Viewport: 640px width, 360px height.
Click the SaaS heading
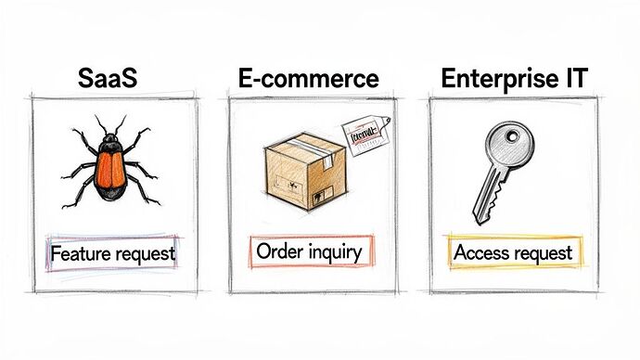point(107,79)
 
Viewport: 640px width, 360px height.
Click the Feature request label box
point(112,252)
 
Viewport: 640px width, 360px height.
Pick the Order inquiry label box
point(311,251)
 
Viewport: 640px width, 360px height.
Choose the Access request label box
point(512,251)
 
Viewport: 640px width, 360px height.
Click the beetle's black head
point(111,141)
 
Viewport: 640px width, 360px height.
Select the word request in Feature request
point(144,252)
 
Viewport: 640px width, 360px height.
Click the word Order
point(280,251)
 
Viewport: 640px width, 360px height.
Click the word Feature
point(82,252)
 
